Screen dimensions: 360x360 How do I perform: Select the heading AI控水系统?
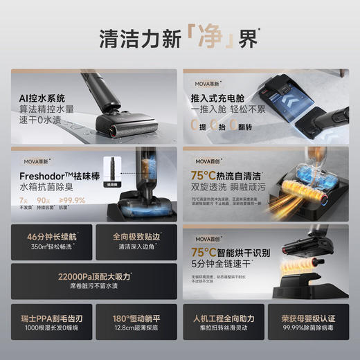[43, 99]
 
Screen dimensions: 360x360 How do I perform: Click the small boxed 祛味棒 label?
[114, 185]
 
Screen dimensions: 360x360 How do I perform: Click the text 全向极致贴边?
[137, 237]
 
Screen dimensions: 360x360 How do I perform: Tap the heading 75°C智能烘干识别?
[228, 252]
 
